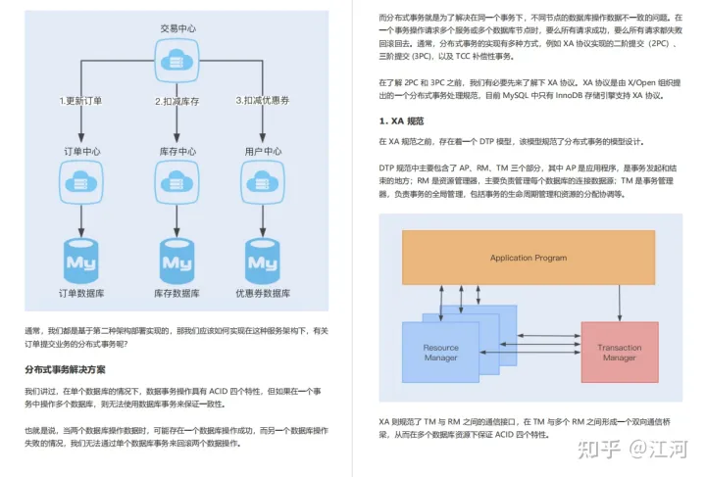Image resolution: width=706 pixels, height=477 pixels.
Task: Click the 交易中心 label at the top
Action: pyautogui.click(x=176, y=28)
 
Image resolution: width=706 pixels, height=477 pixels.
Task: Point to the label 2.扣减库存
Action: pyautogui.click(x=176, y=101)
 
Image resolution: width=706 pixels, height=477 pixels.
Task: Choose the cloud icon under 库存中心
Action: pyautogui.click(x=176, y=181)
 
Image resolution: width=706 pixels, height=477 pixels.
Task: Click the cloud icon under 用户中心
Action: pyautogui.click(x=263, y=181)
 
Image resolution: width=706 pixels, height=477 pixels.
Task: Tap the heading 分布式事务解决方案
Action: pyautogui.click(x=66, y=369)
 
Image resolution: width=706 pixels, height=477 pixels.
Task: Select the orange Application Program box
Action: pyautogui.click(x=529, y=258)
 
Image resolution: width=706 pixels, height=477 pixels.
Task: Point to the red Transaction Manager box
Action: pyautogui.click(x=619, y=352)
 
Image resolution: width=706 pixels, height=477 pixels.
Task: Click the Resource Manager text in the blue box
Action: pyautogui.click(x=440, y=353)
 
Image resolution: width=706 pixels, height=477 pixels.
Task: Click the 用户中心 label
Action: pyautogui.click(x=263, y=152)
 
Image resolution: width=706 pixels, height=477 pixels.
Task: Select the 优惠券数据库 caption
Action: pyautogui.click(x=263, y=294)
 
